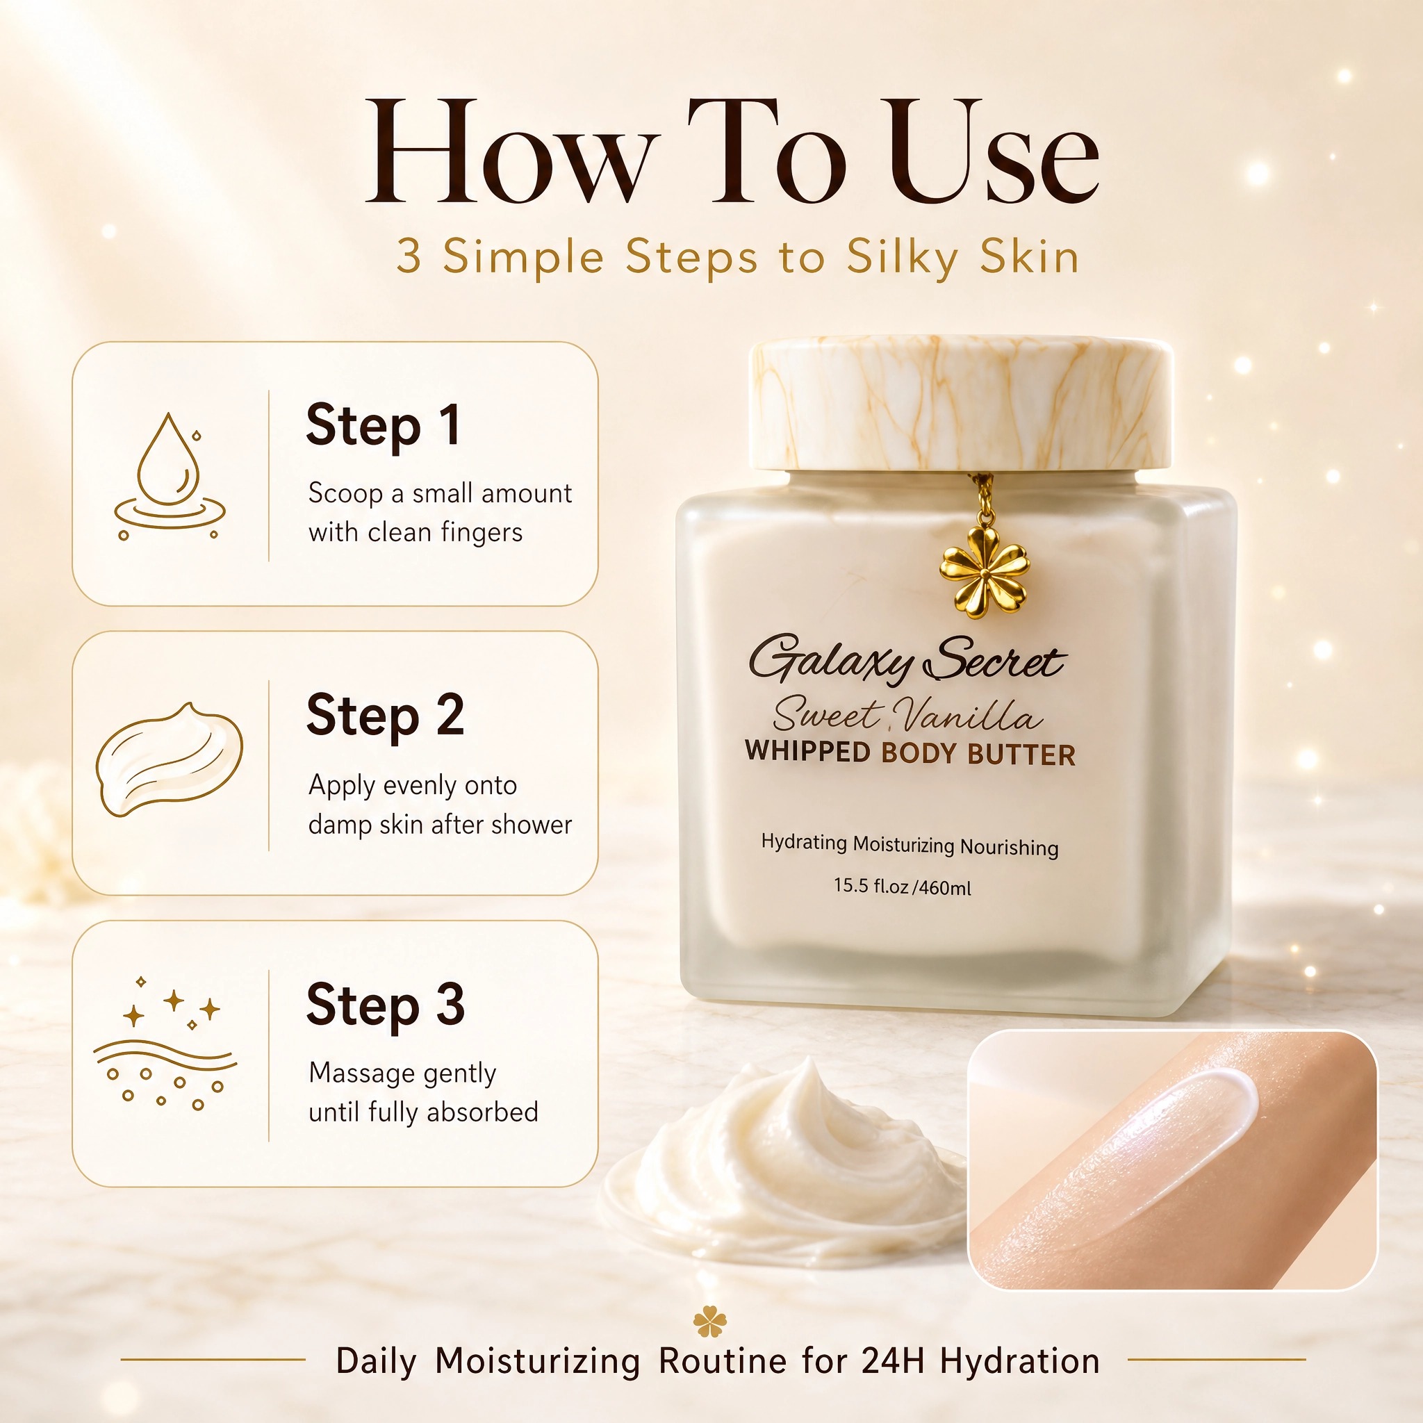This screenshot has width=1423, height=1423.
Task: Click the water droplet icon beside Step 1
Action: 170,475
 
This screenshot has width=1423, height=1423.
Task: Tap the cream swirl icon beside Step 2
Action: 170,759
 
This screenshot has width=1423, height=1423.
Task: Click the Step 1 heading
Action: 384,427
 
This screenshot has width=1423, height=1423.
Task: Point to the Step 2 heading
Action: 385,716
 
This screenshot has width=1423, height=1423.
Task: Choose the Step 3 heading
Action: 385,1005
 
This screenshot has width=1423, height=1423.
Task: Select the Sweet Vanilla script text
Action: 907,714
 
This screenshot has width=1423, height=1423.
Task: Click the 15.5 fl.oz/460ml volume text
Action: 903,886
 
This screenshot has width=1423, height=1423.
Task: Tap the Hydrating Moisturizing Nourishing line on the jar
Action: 910,845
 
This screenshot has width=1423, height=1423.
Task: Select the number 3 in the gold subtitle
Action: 409,257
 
